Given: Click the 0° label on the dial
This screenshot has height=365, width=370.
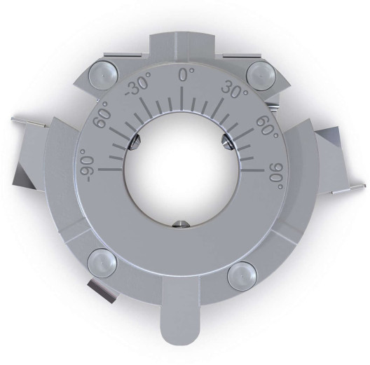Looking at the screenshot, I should [x=186, y=75].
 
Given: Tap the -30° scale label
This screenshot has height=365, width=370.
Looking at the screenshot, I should [x=141, y=87].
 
